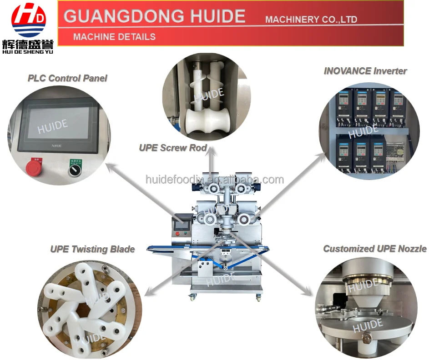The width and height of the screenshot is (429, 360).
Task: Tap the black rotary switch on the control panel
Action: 72,170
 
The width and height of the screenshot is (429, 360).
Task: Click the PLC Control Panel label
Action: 67,78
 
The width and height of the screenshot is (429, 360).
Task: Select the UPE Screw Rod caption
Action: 173,148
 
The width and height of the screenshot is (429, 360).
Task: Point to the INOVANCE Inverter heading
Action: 365,71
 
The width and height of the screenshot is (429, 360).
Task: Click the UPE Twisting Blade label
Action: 92,249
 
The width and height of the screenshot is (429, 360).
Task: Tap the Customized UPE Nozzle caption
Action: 375,249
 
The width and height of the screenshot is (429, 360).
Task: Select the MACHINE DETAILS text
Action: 114,37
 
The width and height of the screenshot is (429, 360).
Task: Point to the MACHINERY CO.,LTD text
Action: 311,20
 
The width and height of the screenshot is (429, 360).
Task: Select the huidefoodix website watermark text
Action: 214,180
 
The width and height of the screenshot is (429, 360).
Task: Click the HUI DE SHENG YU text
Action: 28,52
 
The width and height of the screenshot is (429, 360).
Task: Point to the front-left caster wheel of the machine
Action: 192,297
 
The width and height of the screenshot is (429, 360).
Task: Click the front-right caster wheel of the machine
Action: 258,298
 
